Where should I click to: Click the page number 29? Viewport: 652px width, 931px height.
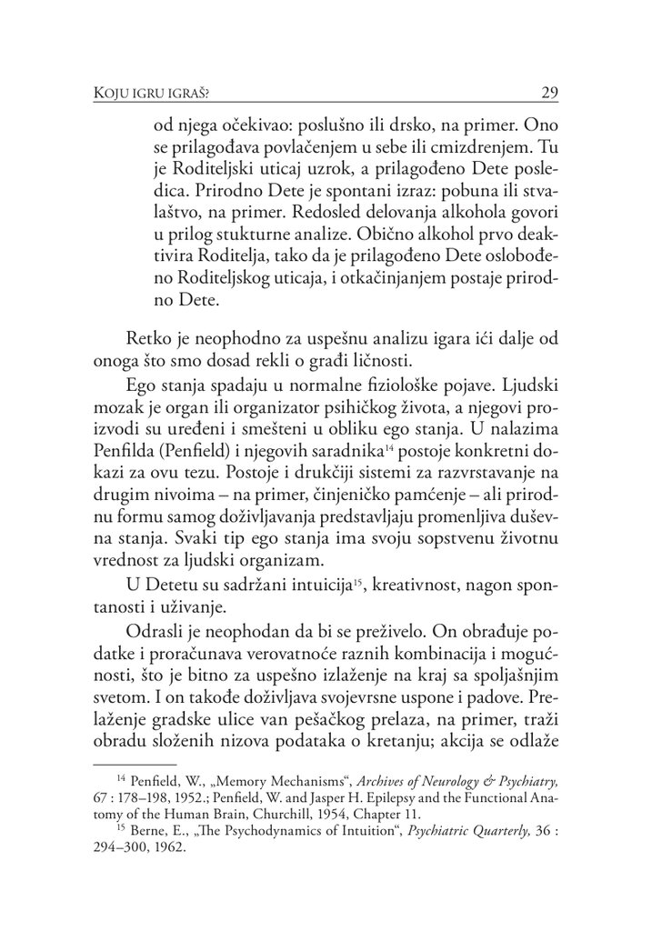click(x=548, y=92)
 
